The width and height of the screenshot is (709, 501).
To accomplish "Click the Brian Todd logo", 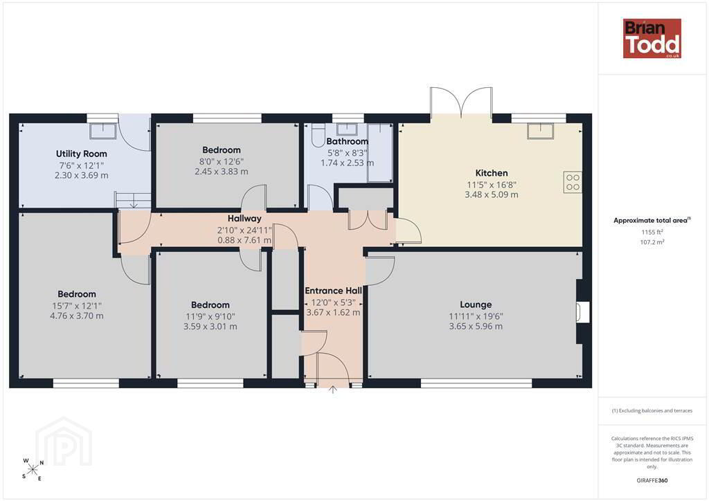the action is point(652,38).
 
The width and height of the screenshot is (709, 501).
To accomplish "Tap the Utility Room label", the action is point(82,154).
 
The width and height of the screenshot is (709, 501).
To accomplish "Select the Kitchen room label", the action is point(492,173).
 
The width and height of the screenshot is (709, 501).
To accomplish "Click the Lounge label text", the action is point(476,304).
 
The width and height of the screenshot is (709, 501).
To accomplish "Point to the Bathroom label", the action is point(348,141).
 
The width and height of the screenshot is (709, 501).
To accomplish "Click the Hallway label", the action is point(244,219).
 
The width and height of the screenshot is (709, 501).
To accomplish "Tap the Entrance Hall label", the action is point(333,291).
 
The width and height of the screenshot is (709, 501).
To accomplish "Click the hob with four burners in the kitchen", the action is point(573,182).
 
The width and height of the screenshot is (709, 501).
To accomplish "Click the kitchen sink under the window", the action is point(540,131).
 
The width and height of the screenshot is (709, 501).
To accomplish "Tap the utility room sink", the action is point(102,131).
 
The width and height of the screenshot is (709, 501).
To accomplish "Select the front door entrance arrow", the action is point(333,390).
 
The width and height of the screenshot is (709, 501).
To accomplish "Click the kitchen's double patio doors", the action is point(460,103).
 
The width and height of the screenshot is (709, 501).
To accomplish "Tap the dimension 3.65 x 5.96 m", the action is point(476,326).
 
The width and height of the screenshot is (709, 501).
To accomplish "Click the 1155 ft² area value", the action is point(652,233).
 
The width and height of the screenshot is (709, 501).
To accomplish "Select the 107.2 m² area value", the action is point(652,242).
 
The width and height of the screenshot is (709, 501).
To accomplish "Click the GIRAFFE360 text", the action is point(652,480).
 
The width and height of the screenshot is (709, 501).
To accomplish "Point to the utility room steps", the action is point(132,200).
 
